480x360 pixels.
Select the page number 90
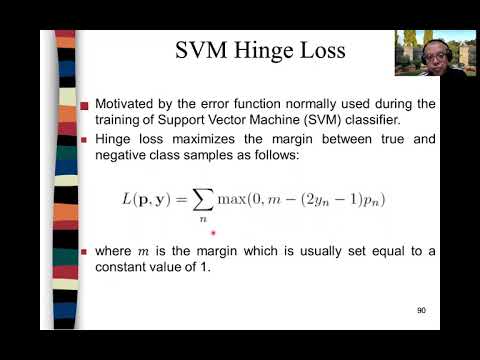pyautogui.click(x=422, y=311)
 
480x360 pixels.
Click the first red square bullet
pyautogui.click(x=85, y=104)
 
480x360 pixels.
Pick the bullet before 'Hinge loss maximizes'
pyautogui.click(x=85, y=138)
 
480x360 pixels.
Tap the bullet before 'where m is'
pyautogui.click(x=85, y=251)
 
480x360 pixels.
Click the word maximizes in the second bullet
pyautogui.click(x=191, y=137)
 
